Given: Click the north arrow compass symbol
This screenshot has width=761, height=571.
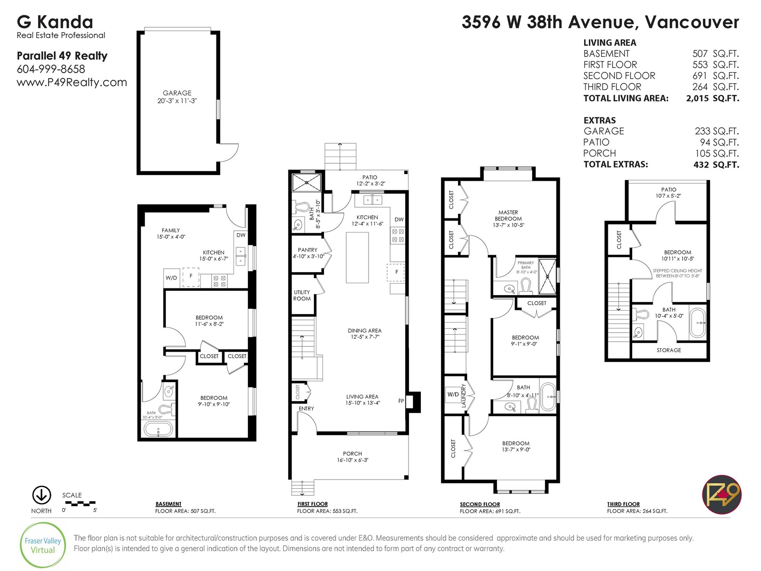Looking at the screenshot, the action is click(x=41, y=495).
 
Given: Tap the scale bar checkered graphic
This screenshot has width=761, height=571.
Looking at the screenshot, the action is click(x=80, y=502).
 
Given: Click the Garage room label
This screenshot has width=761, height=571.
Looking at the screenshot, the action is click(x=177, y=93).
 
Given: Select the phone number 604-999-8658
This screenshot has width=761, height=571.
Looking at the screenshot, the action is click(x=51, y=69).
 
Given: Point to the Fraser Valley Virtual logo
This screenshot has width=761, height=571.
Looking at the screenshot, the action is click(x=43, y=545).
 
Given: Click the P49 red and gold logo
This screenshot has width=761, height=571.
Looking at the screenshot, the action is click(x=722, y=495).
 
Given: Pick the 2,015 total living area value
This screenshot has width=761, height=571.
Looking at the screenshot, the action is click(x=697, y=98).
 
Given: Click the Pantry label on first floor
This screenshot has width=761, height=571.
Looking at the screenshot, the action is click(x=308, y=250).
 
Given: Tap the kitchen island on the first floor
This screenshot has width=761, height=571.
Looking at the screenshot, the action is click(x=357, y=257).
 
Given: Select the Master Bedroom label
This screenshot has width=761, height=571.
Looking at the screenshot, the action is click(x=508, y=215).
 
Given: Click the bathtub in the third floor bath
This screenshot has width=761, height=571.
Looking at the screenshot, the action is click(x=697, y=323).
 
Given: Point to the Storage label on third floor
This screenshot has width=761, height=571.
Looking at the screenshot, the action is click(x=669, y=350).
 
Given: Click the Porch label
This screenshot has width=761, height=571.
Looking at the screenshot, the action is click(x=352, y=453).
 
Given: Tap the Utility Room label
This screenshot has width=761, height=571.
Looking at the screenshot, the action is click(x=302, y=295).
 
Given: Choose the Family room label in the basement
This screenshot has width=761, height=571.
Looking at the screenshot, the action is click(x=171, y=230).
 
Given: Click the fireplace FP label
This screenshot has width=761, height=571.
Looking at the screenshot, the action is click(x=401, y=401).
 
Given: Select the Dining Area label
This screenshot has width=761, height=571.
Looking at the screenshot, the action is click(x=365, y=330).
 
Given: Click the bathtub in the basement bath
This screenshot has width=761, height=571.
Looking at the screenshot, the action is click(x=158, y=429).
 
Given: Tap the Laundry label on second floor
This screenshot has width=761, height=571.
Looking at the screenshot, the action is click(x=464, y=395).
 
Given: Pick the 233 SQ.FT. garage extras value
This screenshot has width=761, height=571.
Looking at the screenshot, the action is click(x=717, y=131).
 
